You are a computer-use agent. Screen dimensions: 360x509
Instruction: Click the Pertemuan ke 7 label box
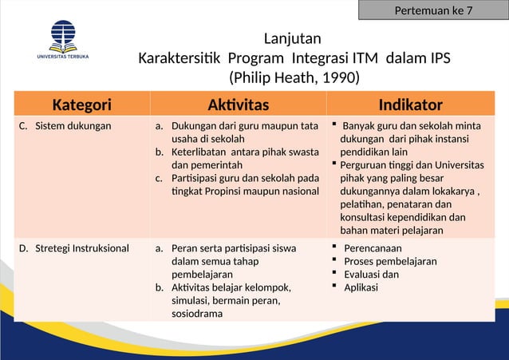pyautogui.click(x=433, y=10)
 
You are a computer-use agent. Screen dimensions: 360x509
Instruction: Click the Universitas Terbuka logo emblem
pyautogui.click(x=63, y=36)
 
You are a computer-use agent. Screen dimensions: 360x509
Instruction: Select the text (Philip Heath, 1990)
pyautogui.click(x=294, y=78)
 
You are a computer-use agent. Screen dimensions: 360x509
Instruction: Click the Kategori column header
pyautogui.click(x=81, y=105)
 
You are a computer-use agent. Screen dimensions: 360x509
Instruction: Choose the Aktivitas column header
pyautogui.click(x=238, y=105)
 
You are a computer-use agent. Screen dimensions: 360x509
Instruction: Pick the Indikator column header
pyautogui.click(x=410, y=105)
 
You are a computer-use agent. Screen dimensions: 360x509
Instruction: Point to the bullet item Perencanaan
pyautogui.click(x=372, y=248)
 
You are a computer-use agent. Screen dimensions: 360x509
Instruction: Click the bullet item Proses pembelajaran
pyautogui.click(x=389, y=261)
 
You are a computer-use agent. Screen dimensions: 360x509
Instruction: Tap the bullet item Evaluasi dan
pyautogui.click(x=371, y=275)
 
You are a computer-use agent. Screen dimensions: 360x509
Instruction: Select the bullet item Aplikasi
pyautogui.click(x=361, y=287)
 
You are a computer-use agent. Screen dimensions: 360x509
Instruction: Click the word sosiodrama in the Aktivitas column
pyautogui.click(x=197, y=314)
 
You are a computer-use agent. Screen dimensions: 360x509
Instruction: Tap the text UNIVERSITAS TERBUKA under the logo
pyautogui.click(x=63, y=57)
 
